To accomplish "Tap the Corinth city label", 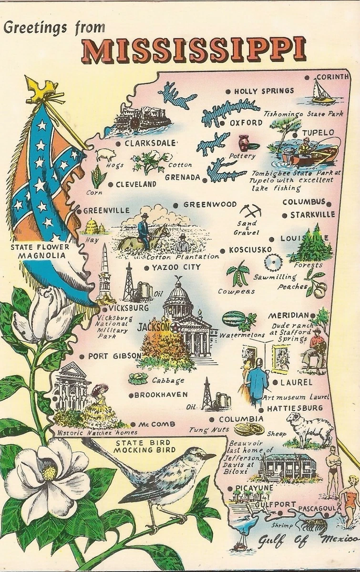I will pos(332,77).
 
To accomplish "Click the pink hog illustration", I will pos(105,155).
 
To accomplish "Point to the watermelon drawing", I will pos(234,318).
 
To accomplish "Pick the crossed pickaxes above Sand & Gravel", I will pos(250,210).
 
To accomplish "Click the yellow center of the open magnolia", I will pos(49,473).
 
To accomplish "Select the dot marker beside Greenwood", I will pos(175,205).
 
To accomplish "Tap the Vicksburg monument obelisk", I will pos(104,272).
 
